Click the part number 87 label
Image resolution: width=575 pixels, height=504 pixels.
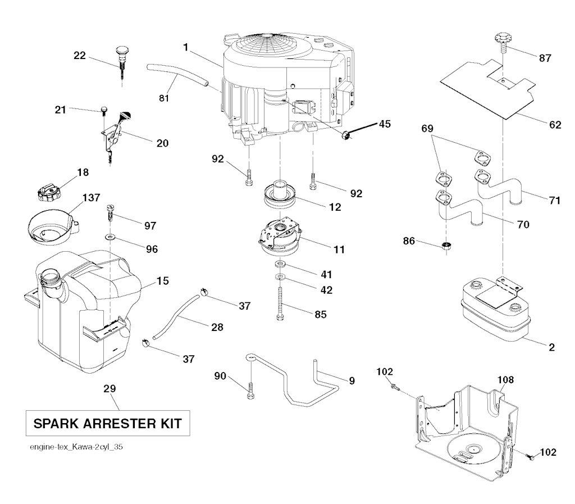pyautogui.click(x=545, y=57)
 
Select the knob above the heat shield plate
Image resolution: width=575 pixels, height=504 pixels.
pyautogui.click(x=501, y=40)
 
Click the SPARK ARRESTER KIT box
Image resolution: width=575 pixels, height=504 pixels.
pyautogui.click(x=107, y=423)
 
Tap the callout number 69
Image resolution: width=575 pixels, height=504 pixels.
pyautogui.click(x=428, y=129)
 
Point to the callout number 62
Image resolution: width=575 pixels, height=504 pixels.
pyautogui.click(x=555, y=125)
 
